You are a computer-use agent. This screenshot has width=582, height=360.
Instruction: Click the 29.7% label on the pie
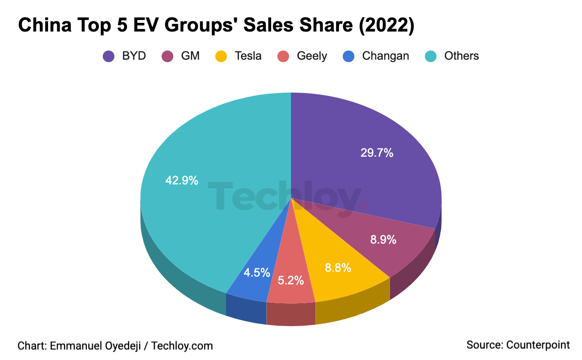pos(376,153)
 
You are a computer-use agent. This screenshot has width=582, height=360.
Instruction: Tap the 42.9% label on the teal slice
pos(181,180)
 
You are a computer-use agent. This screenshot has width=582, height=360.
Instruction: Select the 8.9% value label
pos(383,240)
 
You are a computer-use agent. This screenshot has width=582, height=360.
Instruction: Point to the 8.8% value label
pos(338,268)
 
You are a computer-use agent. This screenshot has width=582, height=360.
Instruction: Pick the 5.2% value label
pos(291,280)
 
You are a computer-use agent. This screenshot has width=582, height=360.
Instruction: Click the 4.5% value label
pos(257,272)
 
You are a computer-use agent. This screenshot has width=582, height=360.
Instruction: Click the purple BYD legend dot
pos(109,56)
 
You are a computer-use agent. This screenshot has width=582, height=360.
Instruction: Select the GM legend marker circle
pos(168,56)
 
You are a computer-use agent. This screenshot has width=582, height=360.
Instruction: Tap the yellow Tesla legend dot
pos(221,56)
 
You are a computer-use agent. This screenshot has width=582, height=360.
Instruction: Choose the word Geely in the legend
pos(312,56)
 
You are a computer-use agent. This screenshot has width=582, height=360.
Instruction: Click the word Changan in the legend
pos(385,56)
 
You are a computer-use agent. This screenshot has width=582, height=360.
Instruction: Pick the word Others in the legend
pos(461,56)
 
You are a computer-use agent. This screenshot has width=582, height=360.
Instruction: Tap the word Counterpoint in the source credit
pos(538,345)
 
